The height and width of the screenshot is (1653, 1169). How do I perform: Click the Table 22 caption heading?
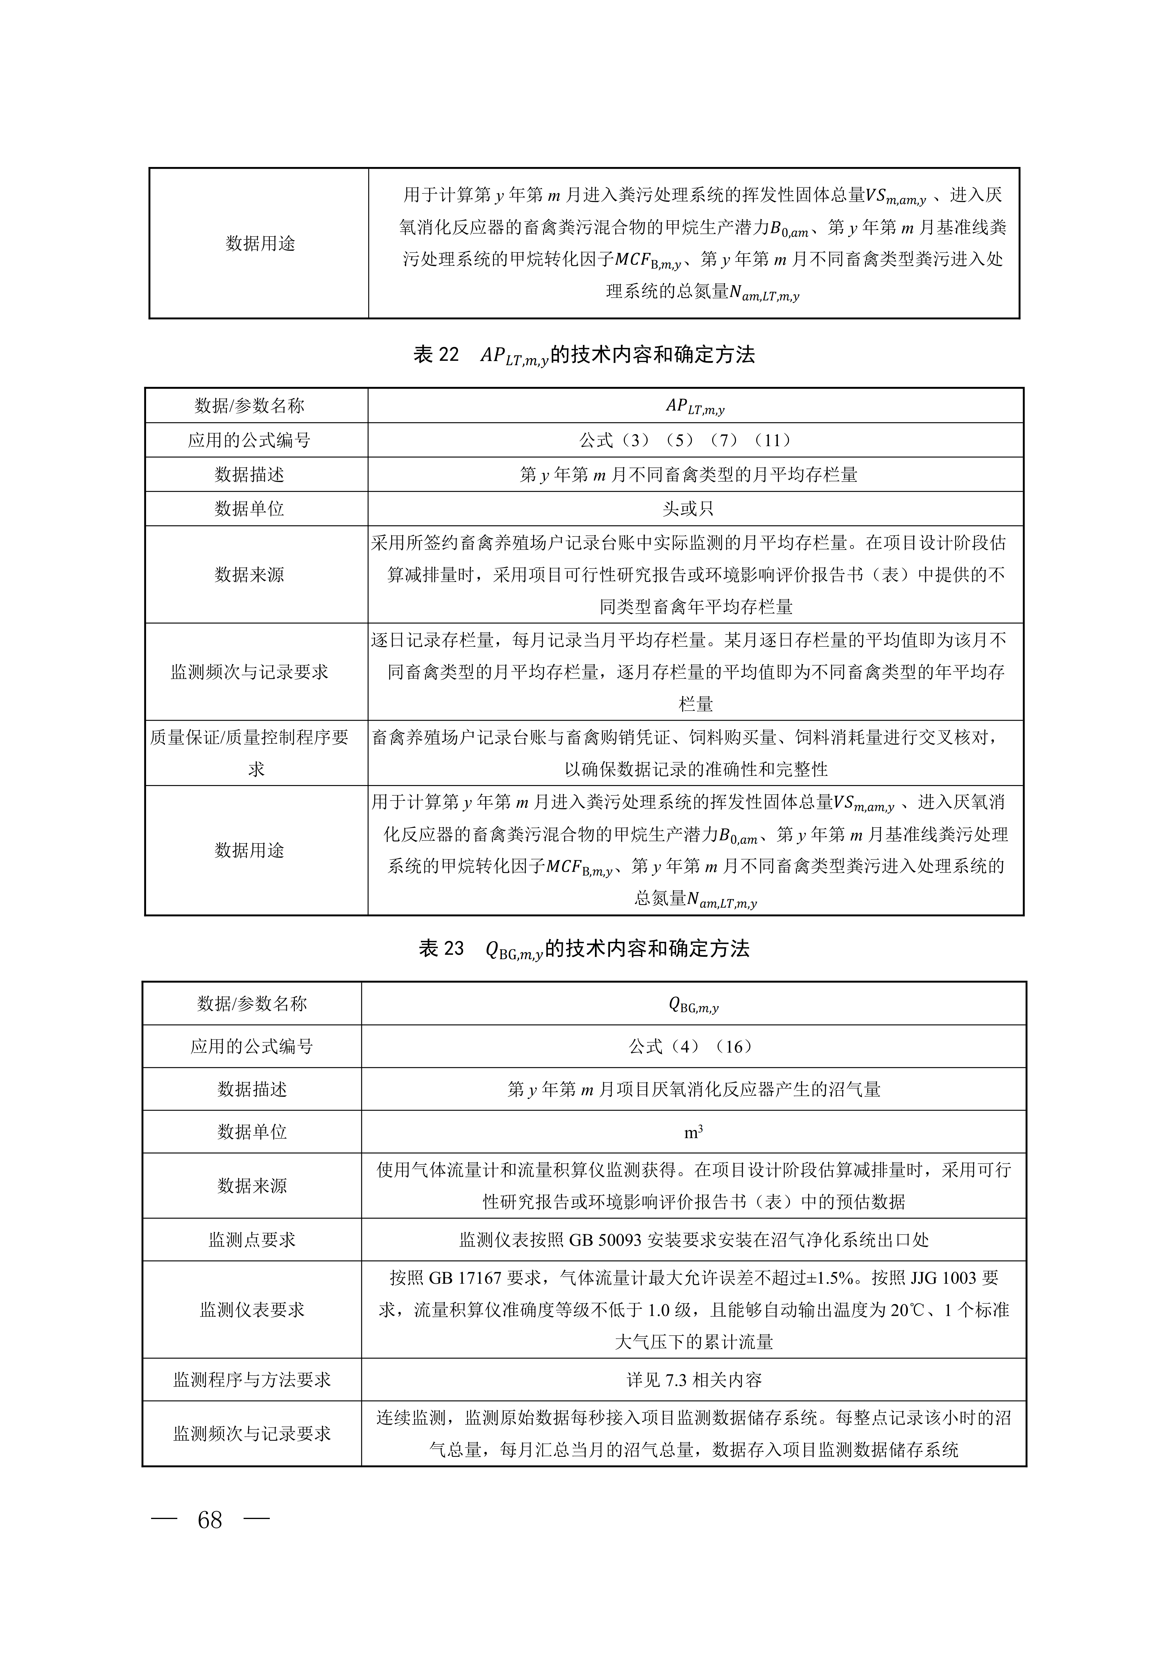pyautogui.click(x=584, y=355)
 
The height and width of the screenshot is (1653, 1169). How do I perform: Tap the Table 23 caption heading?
pyautogui.click(x=584, y=949)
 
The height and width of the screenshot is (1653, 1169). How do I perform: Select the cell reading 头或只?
pyautogui.click(x=688, y=509)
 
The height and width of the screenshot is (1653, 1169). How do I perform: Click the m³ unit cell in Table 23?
pyautogui.click(x=693, y=1132)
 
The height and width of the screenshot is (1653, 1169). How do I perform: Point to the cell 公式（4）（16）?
pyautogui.click(x=693, y=1047)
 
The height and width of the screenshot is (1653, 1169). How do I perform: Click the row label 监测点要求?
pyautogui.click(x=252, y=1240)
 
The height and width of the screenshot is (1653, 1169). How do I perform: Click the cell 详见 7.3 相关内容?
pyautogui.click(x=693, y=1380)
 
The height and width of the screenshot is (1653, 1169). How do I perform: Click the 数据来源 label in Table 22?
pyautogui.click(x=249, y=575)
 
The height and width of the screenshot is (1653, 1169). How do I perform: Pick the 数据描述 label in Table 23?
pyautogui.click(x=252, y=1089)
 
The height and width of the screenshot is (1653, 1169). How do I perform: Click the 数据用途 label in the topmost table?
pyautogui.click(x=260, y=243)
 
